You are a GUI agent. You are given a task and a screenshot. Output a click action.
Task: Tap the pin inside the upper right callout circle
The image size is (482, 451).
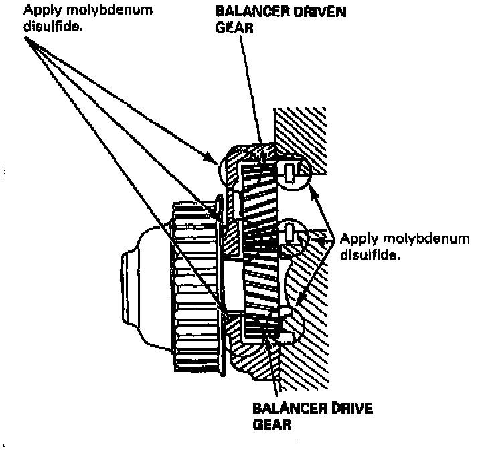point(289,173)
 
